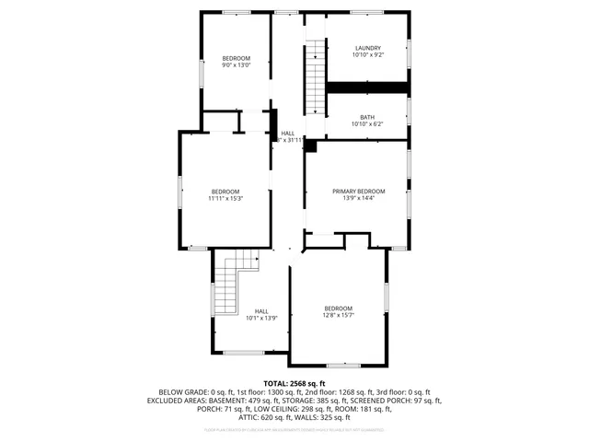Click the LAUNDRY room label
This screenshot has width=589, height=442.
click(x=368, y=48)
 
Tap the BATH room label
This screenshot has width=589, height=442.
click(x=367, y=117)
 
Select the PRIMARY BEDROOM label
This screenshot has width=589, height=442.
click(x=359, y=191)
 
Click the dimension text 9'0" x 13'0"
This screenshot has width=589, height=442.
click(x=236, y=65)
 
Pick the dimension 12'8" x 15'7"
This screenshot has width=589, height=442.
click(x=338, y=315)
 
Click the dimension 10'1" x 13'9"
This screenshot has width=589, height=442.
click(x=261, y=319)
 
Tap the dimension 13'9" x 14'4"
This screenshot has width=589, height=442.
click(x=359, y=198)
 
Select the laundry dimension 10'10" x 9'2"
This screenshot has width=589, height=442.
click(x=368, y=55)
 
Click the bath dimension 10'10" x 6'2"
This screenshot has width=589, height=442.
click(x=367, y=124)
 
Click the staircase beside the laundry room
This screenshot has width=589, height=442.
click(x=317, y=76)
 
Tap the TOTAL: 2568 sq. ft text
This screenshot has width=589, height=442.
click(x=294, y=383)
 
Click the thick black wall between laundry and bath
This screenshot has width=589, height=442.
click(x=368, y=87)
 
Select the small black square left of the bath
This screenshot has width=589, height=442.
click(x=310, y=145)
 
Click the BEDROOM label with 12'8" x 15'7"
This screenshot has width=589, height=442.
click(x=338, y=308)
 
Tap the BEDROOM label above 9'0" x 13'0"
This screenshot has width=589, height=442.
click(x=236, y=58)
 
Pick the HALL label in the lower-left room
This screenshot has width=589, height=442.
click(x=261, y=311)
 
